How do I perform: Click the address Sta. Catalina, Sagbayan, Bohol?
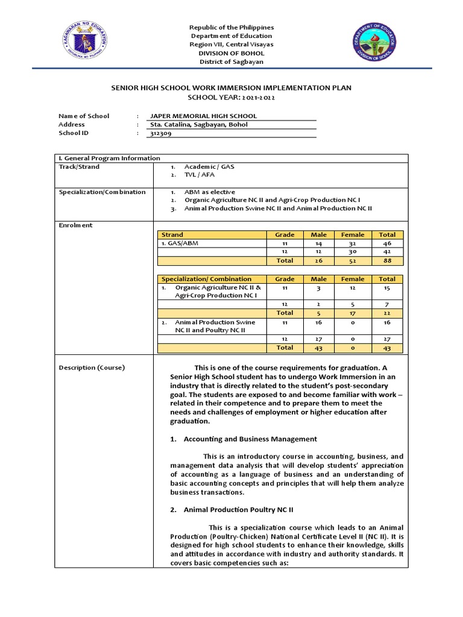point(198,125)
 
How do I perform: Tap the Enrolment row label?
point(75,225)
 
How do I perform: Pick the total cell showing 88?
point(387,261)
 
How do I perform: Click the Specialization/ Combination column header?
point(206,279)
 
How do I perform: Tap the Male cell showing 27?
point(318,339)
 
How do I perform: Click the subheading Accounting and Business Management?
point(250,439)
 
